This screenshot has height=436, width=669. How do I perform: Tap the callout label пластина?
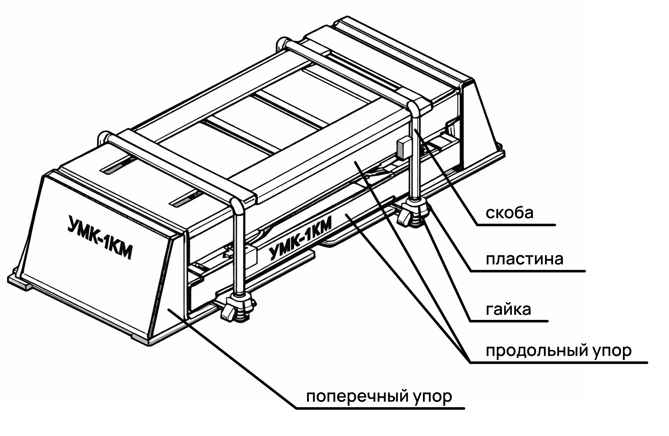coord(525,259)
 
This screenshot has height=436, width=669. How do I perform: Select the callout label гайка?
coord(508,310)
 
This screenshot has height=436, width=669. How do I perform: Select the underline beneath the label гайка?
coord(509,321)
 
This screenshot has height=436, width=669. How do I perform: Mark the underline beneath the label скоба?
coord(516,225)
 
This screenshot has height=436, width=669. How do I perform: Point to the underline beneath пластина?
coord(528,271)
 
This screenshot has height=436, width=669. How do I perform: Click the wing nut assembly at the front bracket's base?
coord(238,308)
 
